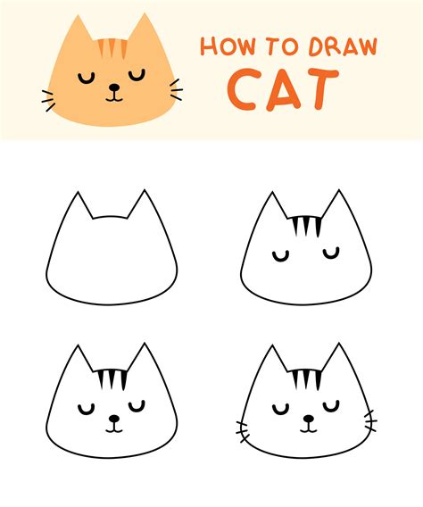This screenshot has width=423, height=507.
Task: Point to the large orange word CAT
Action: (x=284, y=87)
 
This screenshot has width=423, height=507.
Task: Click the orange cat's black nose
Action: (x=113, y=87)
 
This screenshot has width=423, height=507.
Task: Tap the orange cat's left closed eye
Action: (x=87, y=77)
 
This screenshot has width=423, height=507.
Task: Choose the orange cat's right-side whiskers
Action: (x=176, y=90)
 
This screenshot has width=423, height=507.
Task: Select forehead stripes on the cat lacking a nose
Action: (x=305, y=227)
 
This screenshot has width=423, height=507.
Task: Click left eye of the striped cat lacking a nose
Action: (x=282, y=257)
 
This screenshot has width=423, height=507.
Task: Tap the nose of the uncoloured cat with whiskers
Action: (x=307, y=417)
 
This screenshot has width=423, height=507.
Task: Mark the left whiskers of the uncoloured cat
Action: (x=242, y=427)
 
